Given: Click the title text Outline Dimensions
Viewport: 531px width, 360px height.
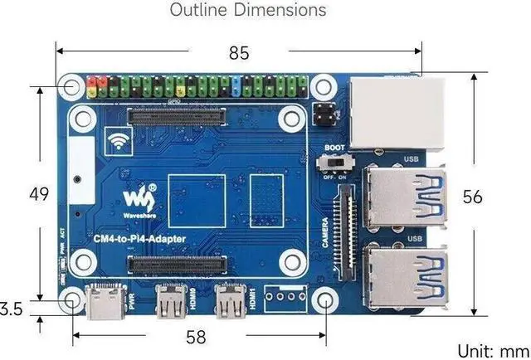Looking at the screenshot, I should click(x=247, y=11).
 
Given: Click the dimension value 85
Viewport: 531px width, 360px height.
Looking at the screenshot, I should click(x=239, y=53).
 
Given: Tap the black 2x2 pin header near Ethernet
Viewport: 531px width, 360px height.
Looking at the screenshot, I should click(x=326, y=114).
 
